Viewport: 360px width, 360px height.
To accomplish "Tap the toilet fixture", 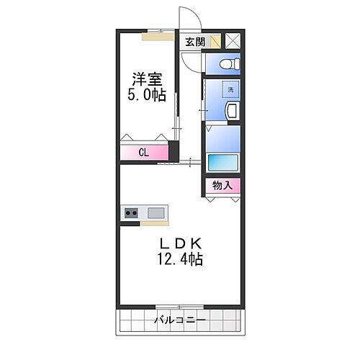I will click(x=225, y=64).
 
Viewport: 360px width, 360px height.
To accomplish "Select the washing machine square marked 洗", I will click(x=229, y=90).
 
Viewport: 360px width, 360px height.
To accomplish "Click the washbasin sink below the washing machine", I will click(x=233, y=112).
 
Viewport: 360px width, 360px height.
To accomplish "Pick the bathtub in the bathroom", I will click(x=222, y=162).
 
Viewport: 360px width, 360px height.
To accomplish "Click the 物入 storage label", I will click(x=222, y=186).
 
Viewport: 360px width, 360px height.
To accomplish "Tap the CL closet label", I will click(x=143, y=152).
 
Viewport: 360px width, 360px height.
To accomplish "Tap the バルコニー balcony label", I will click(x=180, y=320).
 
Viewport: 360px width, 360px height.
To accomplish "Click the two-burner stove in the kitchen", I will click(x=132, y=212).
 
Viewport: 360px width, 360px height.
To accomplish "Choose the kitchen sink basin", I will click(x=156, y=212).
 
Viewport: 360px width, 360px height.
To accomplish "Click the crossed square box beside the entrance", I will click(x=233, y=41).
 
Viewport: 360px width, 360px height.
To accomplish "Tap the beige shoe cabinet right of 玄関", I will click(x=215, y=42).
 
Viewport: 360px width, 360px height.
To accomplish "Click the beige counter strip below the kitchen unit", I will click(x=144, y=223).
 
